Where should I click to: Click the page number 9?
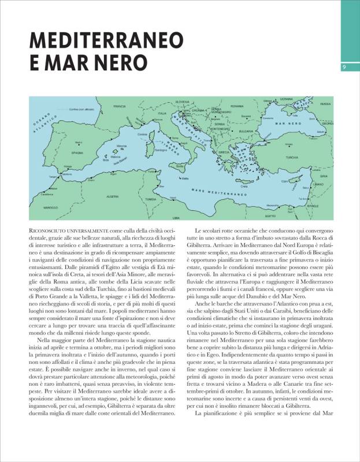pyautogui.click(x=344, y=68)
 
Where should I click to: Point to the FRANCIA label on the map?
pyautogui.click(x=120, y=107)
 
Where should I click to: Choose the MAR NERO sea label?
pyautogui.click(x=283, y=124)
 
